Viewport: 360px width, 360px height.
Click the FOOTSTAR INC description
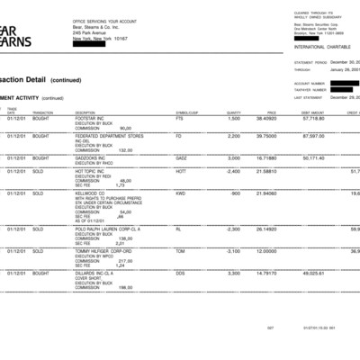pyautogui.click(x=91, y=118)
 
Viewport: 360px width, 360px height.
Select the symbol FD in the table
pyautogui.click(x=178, y=137)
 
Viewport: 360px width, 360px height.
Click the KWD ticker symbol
pyautogui.click(x=181, y=193)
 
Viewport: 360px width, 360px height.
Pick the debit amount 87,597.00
pyautogui.click(x=311, y=137)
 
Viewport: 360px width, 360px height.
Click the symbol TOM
pyautogui.click(x=180, y=250)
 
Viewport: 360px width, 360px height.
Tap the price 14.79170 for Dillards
pyautogui.click(x=266, y=272)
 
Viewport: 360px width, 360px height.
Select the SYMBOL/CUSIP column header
pyautogui.click(x=186, y=112)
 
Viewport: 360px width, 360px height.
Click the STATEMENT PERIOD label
pyautogui.click(x=310, y=63)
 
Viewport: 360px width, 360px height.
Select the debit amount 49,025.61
pyautogui.click(x=311, y=272)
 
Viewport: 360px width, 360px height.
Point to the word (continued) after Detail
pyautogui.click(x=66, y=79)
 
